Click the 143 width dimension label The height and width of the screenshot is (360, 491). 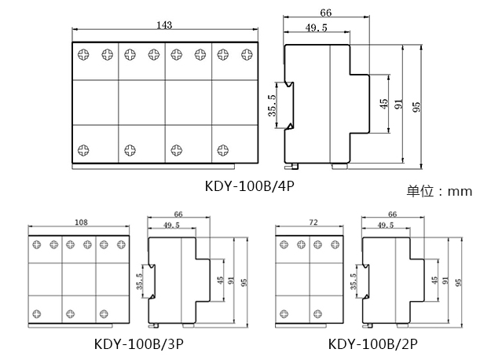pyautogui.click(x=164, y=25)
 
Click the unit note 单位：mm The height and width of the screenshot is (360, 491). pyautogui.click(x=439, y=191)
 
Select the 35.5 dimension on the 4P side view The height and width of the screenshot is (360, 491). pyautogui.click(x=272, y=105)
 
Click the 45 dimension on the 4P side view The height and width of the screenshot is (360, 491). pyautogui.click(x=383, y=104)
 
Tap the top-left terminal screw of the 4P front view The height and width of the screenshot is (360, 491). pyautogui.click(x=83, y=55)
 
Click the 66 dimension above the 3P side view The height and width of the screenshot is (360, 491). pyautogui.click(x=178, y=213)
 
